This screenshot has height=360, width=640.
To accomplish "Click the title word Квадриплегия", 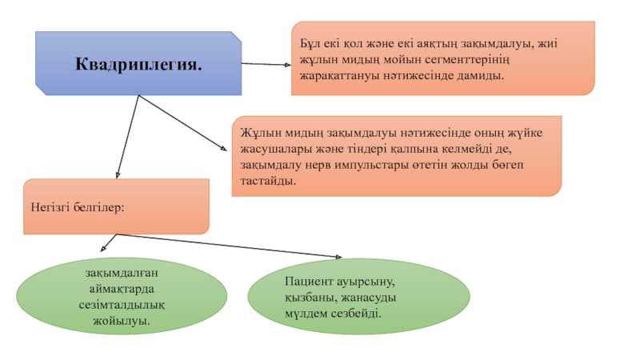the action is [138, 64].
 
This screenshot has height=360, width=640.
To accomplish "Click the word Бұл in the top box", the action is [310, 43].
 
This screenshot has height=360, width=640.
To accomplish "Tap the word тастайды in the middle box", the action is [268, 181].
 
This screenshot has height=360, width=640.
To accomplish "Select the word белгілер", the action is [98, 207].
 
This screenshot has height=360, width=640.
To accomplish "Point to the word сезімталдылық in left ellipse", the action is [122, 305].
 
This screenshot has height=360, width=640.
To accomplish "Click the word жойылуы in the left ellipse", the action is [122, 321].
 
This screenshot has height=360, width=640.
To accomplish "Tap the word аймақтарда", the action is [122, 289].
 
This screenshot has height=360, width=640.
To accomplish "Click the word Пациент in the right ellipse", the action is [310, 282].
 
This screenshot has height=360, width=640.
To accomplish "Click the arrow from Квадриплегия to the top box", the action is [266, 64].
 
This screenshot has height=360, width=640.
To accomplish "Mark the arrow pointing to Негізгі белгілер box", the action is [128, 137].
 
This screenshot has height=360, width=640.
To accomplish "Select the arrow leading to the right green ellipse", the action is [230, 246].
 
